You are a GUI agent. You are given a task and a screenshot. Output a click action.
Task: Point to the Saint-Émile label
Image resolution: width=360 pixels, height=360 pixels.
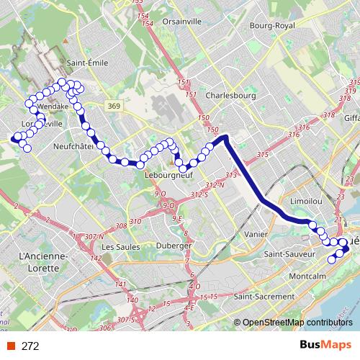(x=87, y=63)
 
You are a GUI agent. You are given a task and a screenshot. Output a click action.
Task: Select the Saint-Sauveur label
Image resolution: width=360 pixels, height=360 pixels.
(x=290, y=254)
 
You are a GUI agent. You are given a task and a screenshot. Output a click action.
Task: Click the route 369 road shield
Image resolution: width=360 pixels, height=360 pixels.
(x=116, y=106)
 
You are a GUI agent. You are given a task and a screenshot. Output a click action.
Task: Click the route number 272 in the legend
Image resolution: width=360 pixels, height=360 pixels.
(x=30, y=346)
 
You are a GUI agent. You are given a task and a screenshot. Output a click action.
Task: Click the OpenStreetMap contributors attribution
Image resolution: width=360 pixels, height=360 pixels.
(x=298, y=323)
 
